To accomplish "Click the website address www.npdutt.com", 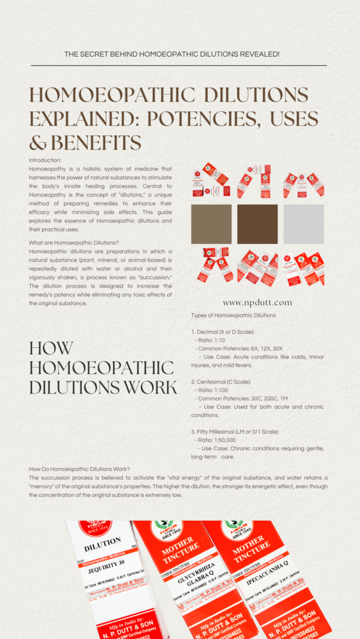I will coord(258,303).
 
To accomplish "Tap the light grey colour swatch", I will coord(304,224).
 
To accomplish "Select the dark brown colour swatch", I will coord(258,224).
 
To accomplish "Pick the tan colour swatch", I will coord(211,224).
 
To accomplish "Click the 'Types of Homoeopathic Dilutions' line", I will coord(233,315).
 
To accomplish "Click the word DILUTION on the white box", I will coord(103,544).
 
